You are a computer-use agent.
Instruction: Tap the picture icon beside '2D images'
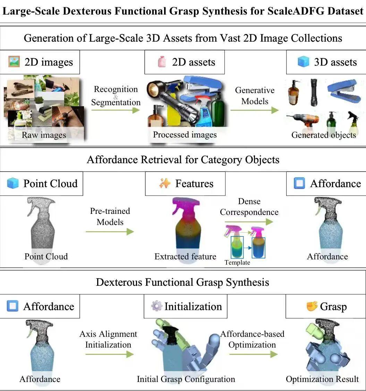coord(14,62)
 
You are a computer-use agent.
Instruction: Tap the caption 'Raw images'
coord(44,135)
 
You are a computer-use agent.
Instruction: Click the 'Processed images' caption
coord(185,135)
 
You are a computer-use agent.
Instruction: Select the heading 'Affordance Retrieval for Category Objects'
coord(183,160)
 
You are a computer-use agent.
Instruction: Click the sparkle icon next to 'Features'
coord(165,183)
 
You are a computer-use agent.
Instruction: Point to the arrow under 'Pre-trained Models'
coord(110,232)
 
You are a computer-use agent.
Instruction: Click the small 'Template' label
coord(237,263)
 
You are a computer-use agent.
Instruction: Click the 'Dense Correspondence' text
coord(249,207)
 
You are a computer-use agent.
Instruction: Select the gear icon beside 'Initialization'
coord(156,306)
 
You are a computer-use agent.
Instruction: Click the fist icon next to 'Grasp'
coord(312,306)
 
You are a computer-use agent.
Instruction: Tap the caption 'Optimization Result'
coord(322,379)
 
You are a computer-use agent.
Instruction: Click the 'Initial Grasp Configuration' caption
coord(186,379)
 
